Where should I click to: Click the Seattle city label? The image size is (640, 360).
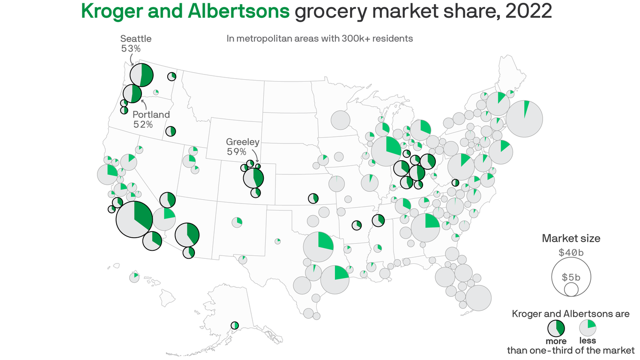(136, 39)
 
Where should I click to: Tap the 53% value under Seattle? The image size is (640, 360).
(131, 48)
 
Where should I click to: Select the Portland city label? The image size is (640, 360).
(151, 115)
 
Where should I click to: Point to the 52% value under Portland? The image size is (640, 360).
(143, 124)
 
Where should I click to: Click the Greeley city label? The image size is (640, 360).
(243, 142)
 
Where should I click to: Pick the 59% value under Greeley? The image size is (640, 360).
(236, 151)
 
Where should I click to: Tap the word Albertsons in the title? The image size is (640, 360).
(239, 11)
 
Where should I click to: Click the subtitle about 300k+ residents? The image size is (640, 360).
(320, 38)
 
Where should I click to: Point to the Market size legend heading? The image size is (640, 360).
(571, 239)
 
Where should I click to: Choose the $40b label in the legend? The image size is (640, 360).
(571, 252)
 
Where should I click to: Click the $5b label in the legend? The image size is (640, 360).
(571, 277)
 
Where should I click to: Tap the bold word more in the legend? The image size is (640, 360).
(556, 341)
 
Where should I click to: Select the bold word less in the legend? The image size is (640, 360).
(588, 340)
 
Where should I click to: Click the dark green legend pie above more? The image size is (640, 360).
(556, 328)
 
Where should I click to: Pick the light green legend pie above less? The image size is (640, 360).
(588, 327)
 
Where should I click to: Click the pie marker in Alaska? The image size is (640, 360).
(235, 325)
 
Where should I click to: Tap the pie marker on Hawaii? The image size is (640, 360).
(134, 277)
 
